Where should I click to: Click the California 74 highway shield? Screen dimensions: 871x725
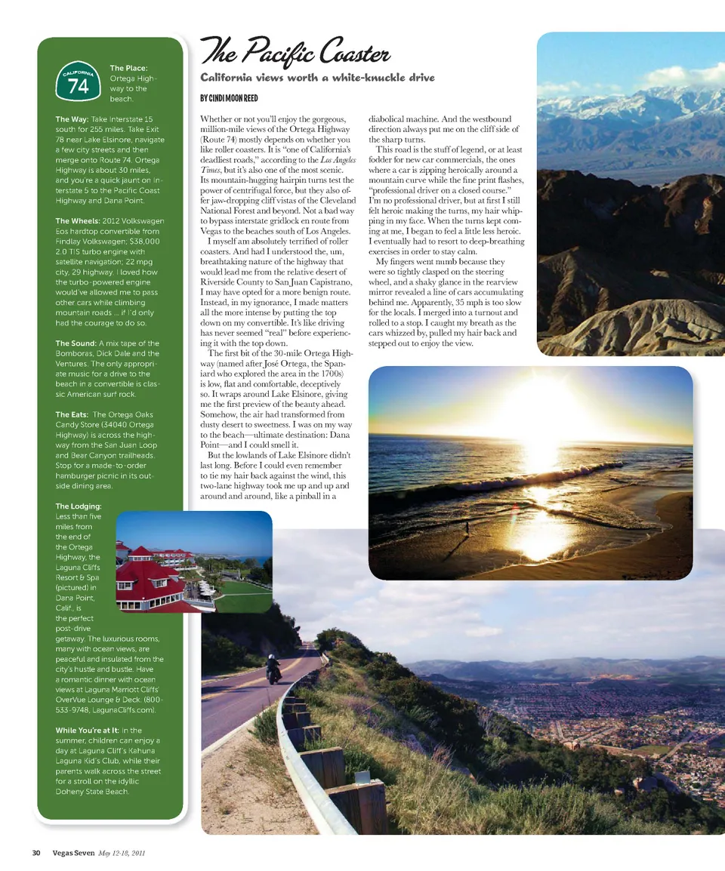tap(79, 82)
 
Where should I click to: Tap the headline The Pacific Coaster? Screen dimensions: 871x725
tap(295, 54)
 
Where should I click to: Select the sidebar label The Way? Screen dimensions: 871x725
tap(72, 119)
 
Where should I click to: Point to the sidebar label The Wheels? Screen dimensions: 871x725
tap(82, 221)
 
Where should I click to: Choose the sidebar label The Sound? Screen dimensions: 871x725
tap(76, 343)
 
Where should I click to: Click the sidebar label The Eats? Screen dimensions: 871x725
tap(71, 414)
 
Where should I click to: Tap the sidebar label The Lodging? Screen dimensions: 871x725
tap(78, 506)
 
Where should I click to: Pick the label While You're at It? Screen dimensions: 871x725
tap(88, 731)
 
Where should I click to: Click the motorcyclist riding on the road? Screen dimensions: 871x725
tap(273, 669)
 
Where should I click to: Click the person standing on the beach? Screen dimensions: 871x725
tap(467, 528)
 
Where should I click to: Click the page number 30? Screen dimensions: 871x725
tap(35, 853)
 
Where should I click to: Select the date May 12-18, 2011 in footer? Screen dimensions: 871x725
tap(122, 853)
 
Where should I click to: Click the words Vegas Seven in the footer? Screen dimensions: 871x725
tap(73, 853)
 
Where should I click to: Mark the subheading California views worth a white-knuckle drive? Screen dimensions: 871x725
tap(317, 78)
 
